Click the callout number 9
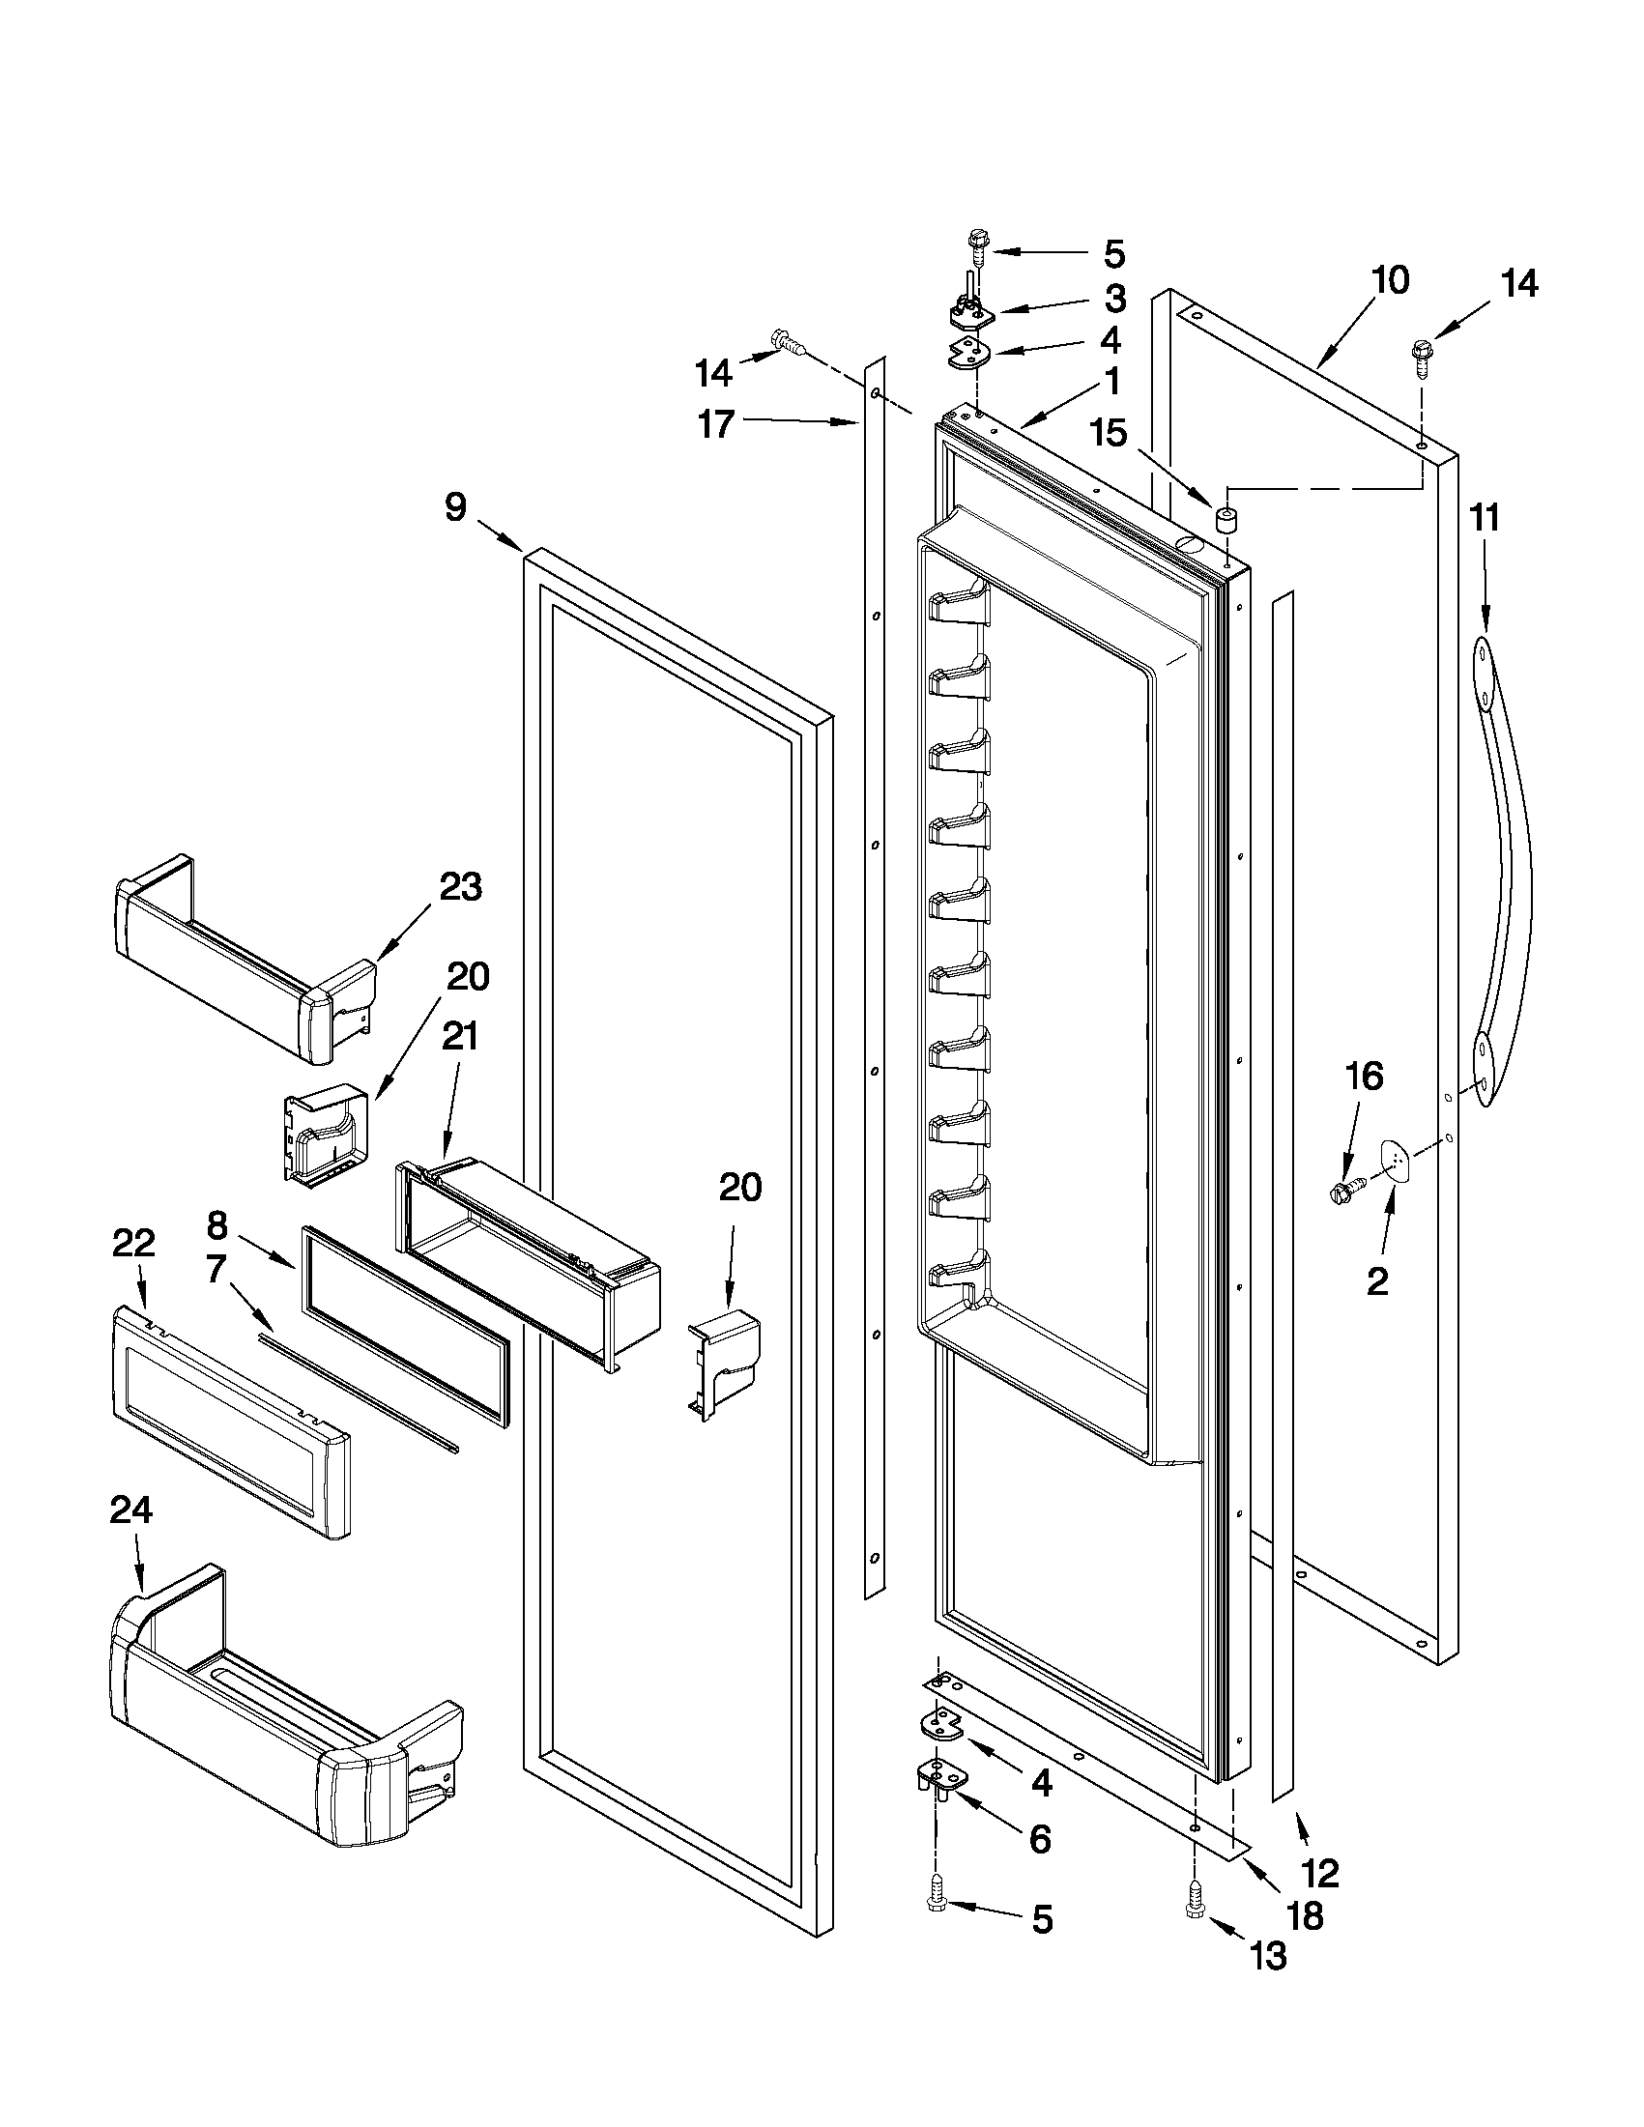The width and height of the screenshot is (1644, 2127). point(456,507)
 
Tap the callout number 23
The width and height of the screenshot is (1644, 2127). point(460,887)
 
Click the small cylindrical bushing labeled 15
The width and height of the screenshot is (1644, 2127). point(1226,519)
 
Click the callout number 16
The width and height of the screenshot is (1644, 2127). point(1364,1077)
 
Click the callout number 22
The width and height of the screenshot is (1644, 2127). point(133,1242)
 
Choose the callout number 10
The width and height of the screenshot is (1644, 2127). point(1390,280)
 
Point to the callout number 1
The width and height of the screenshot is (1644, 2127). point(1110,381)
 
